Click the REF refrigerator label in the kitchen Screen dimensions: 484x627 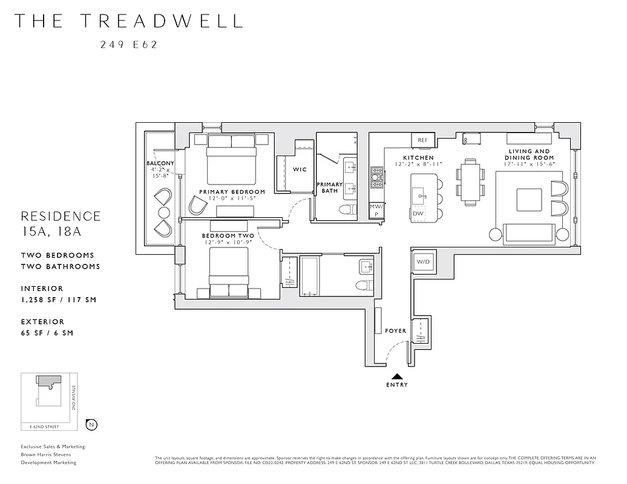(422, 140)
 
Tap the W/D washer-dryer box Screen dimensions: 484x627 (423, 262)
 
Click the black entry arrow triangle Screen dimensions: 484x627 (396, 376)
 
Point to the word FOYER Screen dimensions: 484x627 (395, 331)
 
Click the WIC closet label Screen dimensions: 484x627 (300, 169)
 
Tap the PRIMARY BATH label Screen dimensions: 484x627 (330, 188)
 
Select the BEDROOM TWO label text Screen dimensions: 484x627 (228, 235)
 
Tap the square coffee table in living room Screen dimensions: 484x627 (528, 200)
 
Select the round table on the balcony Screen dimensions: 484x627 (164, 212)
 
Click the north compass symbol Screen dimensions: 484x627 (91, 424)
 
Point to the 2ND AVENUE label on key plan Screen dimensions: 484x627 (73, 399)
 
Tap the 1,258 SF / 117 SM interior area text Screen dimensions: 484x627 (58, 299)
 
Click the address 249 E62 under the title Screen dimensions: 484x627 (128, 44)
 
